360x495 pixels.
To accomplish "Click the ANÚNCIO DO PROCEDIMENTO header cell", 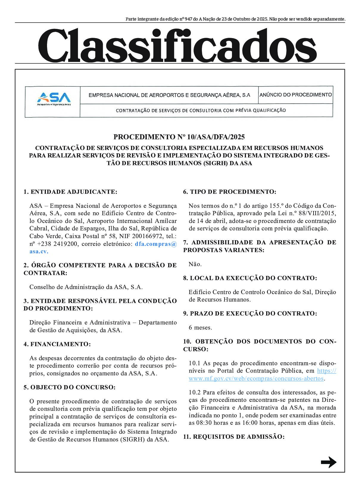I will point(295,95).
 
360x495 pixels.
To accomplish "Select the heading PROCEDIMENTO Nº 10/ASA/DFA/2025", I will point(179,137).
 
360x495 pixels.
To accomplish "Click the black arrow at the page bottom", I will point(328,462).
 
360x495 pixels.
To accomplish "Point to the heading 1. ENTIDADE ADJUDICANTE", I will point(70,192).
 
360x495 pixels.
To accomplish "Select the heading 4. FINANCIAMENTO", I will point(57,344).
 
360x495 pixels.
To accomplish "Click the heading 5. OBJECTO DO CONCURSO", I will point(69,387).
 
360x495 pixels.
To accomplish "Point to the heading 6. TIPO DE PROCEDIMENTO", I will point(230,192).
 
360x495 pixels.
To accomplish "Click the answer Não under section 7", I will point(195,264).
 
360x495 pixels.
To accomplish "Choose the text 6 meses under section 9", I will point(200,328).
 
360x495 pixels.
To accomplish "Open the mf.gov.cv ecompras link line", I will point(256,379).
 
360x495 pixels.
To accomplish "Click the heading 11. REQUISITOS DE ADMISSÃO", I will point(234,437).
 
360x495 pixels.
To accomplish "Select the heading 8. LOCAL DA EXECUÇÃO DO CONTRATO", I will point(250,278).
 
